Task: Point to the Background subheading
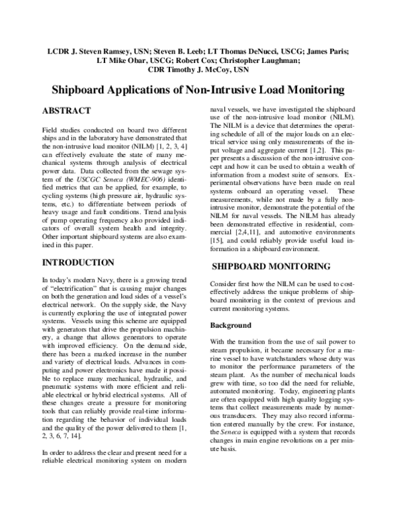231,325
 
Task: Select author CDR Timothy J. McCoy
198,69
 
